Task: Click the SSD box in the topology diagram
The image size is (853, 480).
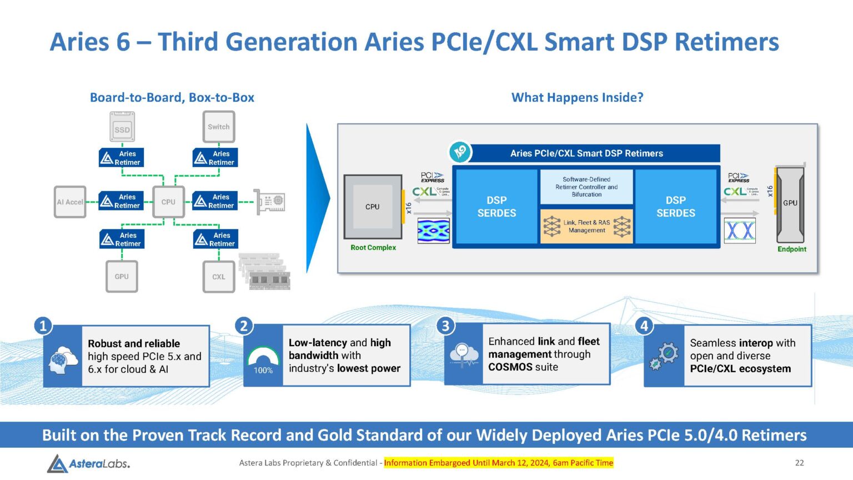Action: point(122,127)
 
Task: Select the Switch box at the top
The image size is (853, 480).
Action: point(218,127)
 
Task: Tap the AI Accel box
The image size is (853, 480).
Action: point(70,202)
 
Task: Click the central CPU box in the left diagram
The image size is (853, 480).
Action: point(168,202)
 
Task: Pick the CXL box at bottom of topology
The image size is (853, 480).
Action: point(219,277)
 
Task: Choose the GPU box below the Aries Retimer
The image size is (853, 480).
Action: point(122,277)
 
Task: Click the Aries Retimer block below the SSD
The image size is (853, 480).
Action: point(122,158)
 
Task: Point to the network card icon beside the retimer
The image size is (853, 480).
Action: point(271,202)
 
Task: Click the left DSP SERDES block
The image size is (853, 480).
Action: point(496,207)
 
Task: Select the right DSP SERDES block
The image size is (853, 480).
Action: point(675,207)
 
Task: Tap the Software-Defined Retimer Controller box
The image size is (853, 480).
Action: point(586,187)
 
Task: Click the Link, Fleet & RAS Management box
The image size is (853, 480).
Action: point(586,226)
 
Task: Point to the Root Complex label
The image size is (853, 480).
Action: point(373,248)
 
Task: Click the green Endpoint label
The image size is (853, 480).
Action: point(791,249)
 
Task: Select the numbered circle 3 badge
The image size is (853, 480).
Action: point(445,326)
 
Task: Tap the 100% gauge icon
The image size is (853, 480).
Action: point(263,361)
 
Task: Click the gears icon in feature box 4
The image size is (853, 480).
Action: point(664,356)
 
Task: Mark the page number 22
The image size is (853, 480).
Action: point(799,463)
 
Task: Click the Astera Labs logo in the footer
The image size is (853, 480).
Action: point(89,463)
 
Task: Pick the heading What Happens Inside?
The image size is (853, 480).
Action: point(577,98)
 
